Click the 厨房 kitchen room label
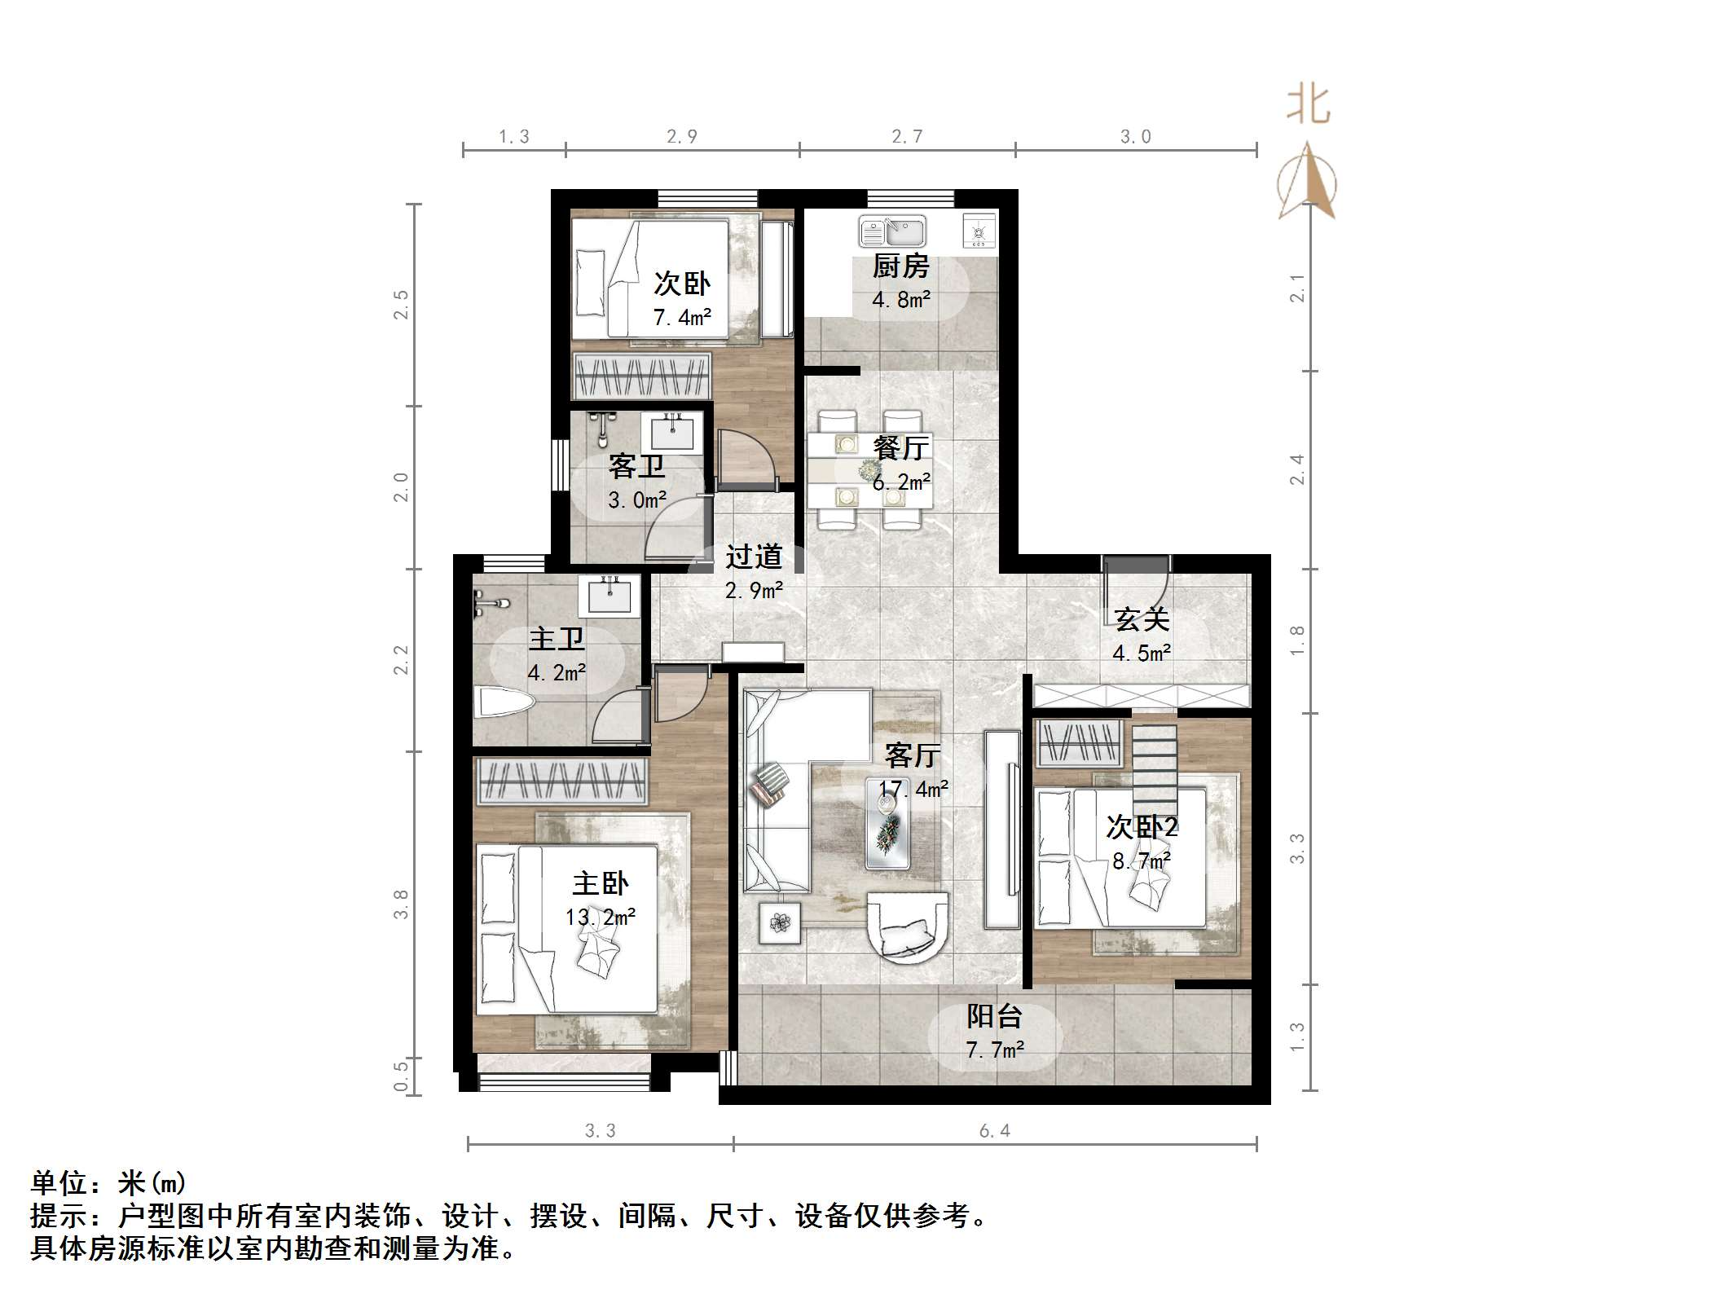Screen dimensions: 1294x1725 click(900, 266)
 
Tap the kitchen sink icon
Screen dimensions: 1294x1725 click(892, 231)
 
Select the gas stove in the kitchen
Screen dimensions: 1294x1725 click(979, 231)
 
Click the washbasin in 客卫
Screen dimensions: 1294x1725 click(672, 431)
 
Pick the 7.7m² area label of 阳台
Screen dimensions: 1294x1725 click(995, 1050)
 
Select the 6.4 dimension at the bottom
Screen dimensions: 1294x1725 click(994, 1130)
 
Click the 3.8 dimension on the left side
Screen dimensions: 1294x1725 click(400, 904)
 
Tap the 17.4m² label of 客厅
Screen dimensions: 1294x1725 click(913, 789)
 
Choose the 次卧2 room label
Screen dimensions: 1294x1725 click(1142, 827)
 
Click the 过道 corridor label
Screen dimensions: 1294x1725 click(754, 557)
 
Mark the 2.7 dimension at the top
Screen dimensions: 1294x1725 click(906, 137)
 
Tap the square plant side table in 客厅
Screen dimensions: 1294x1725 click(781, 922)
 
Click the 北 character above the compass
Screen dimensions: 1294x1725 click(1309, 106)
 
